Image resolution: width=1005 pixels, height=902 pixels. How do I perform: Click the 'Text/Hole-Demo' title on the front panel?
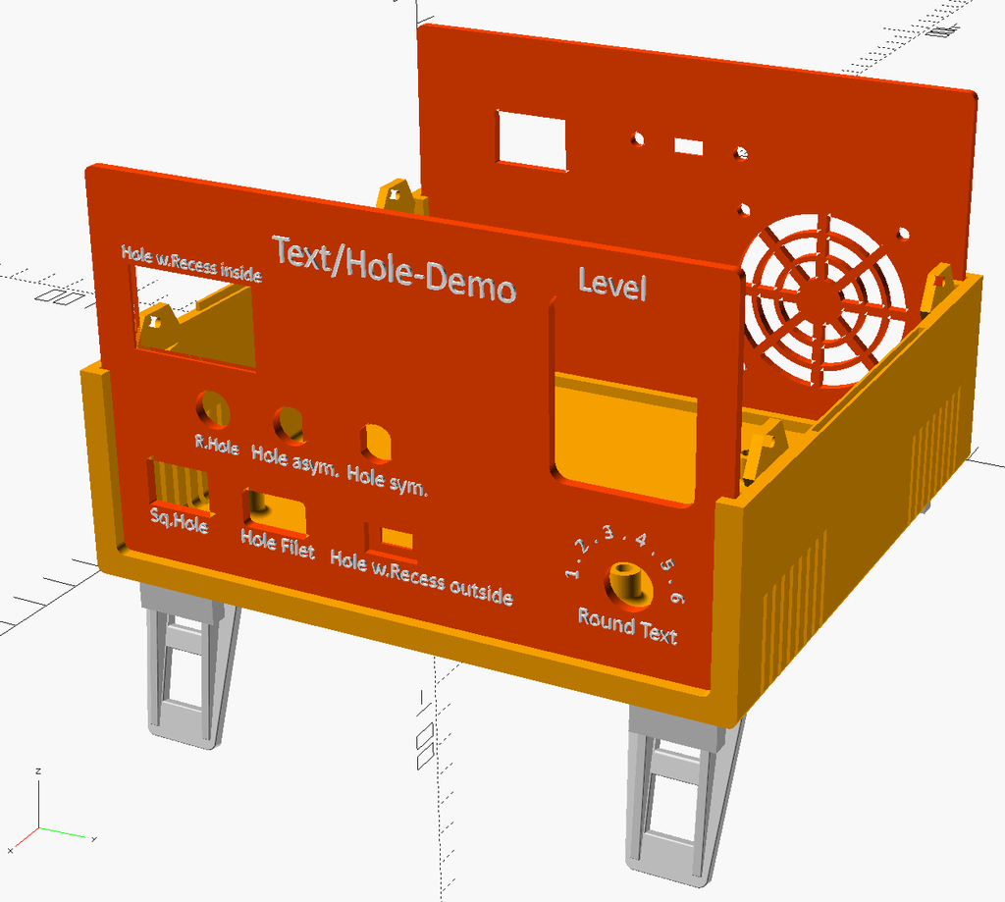[394, 269]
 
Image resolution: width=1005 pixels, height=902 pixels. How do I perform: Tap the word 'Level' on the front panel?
[611, 285]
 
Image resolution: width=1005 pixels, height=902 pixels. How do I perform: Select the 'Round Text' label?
[627, 625]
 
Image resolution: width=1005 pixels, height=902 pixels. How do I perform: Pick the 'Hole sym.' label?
[388, 478]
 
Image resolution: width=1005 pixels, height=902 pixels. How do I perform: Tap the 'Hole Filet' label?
[278, 544]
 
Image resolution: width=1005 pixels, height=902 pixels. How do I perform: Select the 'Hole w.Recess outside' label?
[421, 575]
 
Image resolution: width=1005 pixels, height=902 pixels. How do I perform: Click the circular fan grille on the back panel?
[822, 298]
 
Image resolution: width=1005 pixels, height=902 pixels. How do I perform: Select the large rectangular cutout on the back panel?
[532, 140]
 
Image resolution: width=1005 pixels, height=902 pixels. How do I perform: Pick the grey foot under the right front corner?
[677, 795]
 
